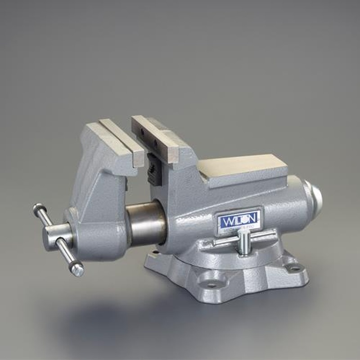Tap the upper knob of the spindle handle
[37, 208]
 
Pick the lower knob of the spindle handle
[77, 270]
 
